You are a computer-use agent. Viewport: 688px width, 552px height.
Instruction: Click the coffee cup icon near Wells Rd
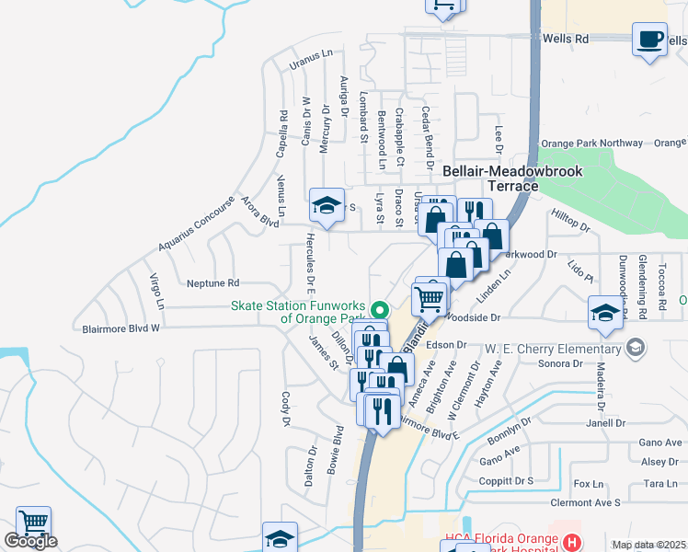[x=650, y=40]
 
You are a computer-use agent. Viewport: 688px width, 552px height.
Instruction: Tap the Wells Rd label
[x=568, y=40]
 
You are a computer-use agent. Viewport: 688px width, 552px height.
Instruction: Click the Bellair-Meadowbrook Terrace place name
[x=489, y=178]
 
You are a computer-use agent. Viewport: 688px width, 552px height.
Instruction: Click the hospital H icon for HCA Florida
[x=571, y=543]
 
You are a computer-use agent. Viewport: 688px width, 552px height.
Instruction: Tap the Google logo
[x=30, y=542]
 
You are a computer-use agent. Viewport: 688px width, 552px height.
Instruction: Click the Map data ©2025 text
[x=649, y=545]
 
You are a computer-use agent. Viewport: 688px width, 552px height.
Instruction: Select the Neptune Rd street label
[x=212, y=283]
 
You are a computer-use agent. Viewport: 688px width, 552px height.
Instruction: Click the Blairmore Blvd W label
[x=121, y=328]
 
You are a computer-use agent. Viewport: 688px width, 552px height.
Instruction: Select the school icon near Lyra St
[x=326, y=207]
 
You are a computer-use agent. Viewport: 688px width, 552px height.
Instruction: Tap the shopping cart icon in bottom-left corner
[x=33, y=523]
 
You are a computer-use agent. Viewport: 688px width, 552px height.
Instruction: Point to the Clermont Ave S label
[x=586, y=503]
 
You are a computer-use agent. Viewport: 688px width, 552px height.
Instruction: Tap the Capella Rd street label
[x=282, y=133]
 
